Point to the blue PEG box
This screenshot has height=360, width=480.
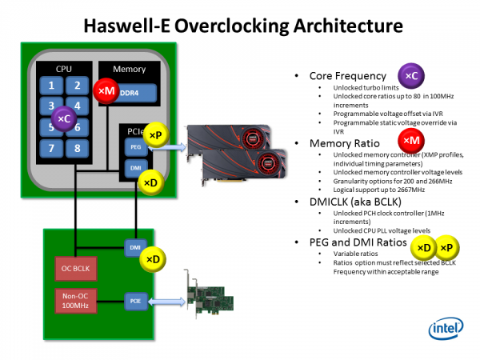click(x=134, y=146)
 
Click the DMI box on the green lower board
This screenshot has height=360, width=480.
click(x=134, y=248)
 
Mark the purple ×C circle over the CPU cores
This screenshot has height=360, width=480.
click(x=62, y=119)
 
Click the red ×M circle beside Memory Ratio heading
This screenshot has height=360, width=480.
click(x=410, y=141)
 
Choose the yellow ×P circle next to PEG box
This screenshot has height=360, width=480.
click(x=155, y=136)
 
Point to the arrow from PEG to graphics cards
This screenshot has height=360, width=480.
click(x=166, y=146)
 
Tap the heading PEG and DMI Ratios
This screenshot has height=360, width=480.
click(x=356, y=242)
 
